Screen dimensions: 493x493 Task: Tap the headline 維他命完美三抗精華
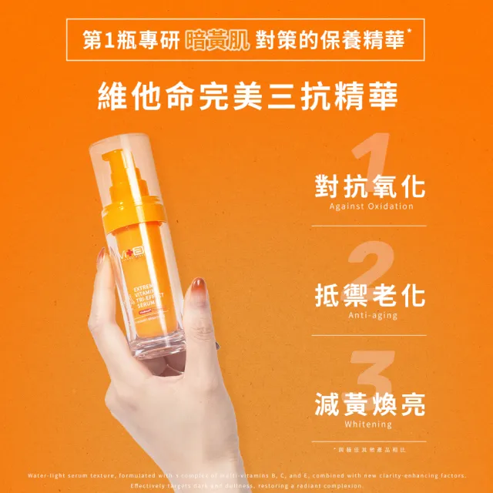pyautogui.click(x=246, y=96)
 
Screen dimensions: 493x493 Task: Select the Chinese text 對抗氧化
pyautogui.click(x=370, y=186)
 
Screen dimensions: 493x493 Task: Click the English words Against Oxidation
pyautogui.click(x=371, y=206)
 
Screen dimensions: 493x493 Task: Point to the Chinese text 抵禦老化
pyautogui.click(x=371, y=296)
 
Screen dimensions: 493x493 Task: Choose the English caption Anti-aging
pyautogui.click(x=371, y=316)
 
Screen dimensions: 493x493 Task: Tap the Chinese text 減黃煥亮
pyautogui.click(x=371, y=404)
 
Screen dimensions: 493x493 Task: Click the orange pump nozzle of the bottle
pyautogui.click(x=116, y=165)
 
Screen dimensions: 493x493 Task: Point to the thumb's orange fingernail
pyautogui.click(x=198, y=284)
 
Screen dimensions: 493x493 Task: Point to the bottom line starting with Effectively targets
pyautogui.click(x=246, y=486)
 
